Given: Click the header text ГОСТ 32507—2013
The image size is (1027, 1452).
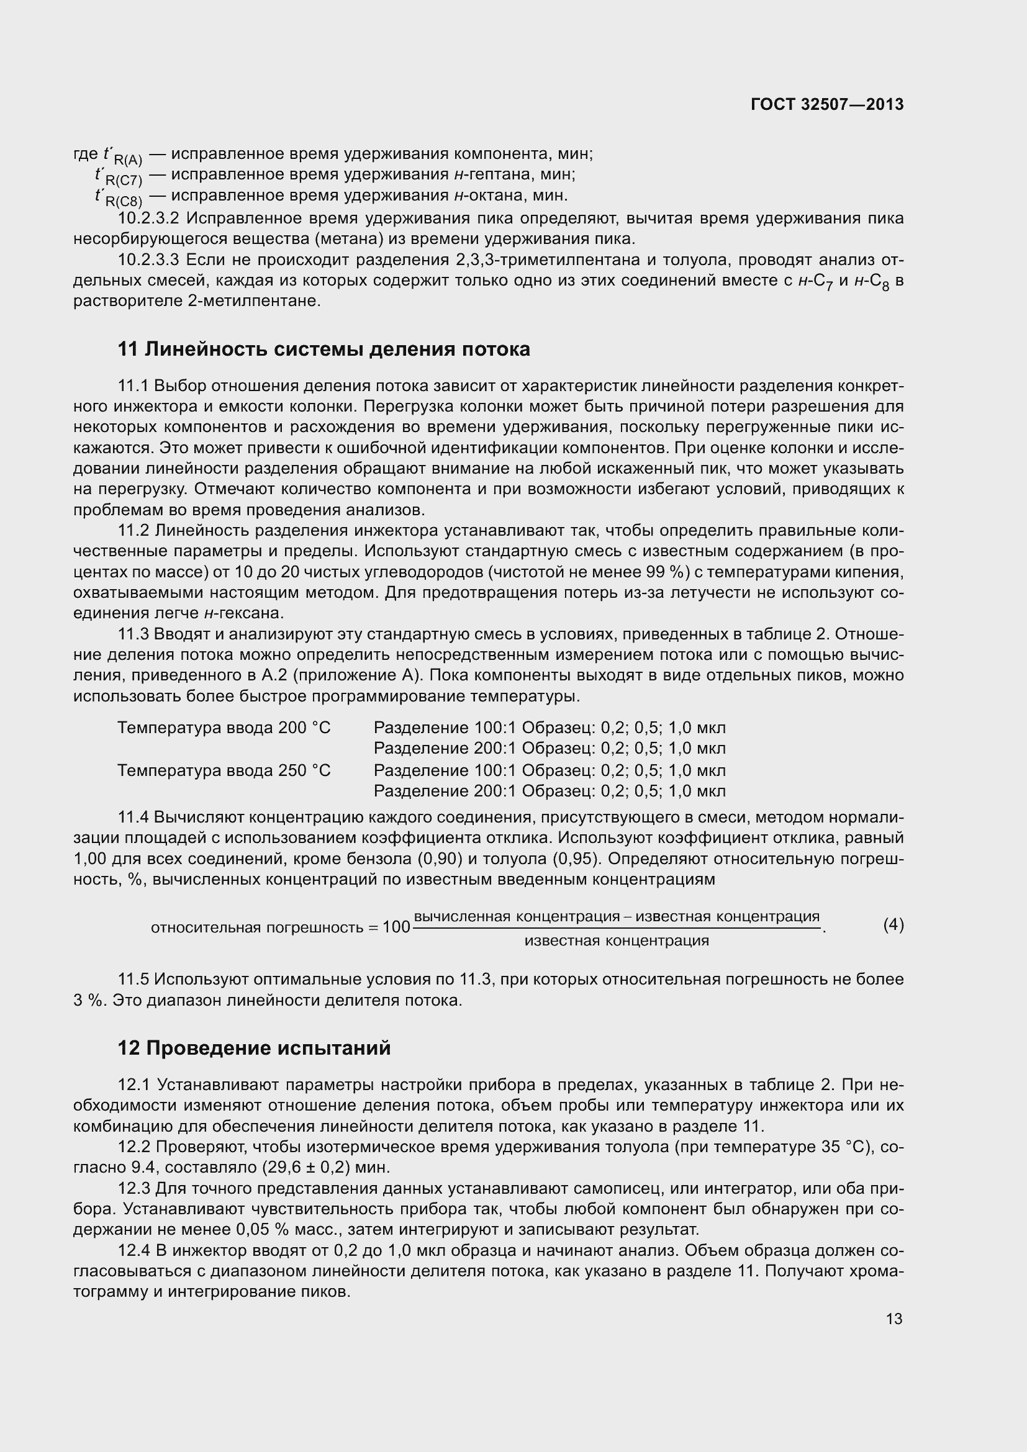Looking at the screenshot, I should click(x=826, y=104).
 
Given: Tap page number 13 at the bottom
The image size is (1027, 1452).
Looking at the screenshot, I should click(x=894, y=1319).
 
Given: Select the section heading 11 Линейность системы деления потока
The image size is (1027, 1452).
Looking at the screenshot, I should click(x=323, y=349).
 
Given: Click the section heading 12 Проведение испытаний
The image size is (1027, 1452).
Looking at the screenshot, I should click(x=254, y=1048).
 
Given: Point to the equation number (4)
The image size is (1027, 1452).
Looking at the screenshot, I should click(x=893, y=925).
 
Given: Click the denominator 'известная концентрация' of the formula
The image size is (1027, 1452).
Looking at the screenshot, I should click(x=617, y=940).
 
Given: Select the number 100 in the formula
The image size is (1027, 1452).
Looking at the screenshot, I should click(x=397, y=927).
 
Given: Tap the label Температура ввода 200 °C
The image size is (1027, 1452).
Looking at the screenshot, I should click(x=224, y=728).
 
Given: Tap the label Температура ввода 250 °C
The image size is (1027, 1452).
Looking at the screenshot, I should click(x=224, y=770).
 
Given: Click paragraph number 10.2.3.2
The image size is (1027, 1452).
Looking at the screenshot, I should click(x=148, y=219).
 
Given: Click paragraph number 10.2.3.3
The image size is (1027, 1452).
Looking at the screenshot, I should click(x=148, y=260).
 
